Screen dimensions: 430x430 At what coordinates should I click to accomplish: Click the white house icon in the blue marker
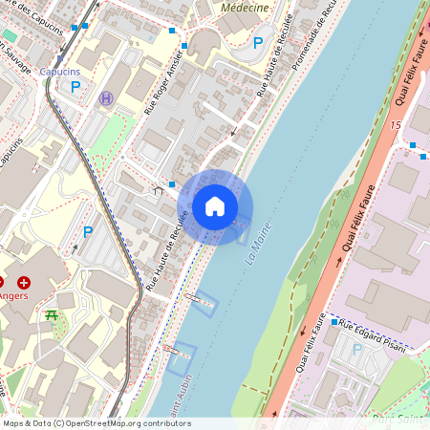click(215, 205)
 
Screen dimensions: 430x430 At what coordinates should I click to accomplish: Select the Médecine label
click(245, 7)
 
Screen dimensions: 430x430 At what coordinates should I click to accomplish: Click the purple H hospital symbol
click(106, 97)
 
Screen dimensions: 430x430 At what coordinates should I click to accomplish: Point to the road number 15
click(395, 125)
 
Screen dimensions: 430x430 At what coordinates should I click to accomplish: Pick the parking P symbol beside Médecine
click(257, 42)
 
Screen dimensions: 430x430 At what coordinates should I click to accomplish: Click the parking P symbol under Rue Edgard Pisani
click(357, 349)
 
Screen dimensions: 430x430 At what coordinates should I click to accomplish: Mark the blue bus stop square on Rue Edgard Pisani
click(334, 323)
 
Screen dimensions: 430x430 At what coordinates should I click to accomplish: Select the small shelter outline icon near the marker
click(159, 190)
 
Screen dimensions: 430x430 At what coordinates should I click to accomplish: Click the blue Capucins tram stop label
click(62, 72)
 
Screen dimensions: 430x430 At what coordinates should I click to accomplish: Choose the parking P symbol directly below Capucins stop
click(75, 87)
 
